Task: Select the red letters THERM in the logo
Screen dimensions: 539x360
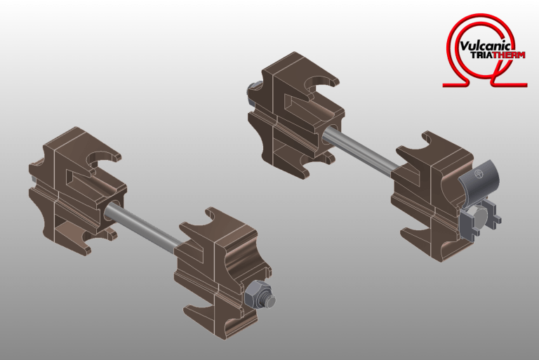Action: pos(508,55)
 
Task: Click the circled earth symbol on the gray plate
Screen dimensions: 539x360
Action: pos(479,173)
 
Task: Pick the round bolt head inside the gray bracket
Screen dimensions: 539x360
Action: pos(479,218)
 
